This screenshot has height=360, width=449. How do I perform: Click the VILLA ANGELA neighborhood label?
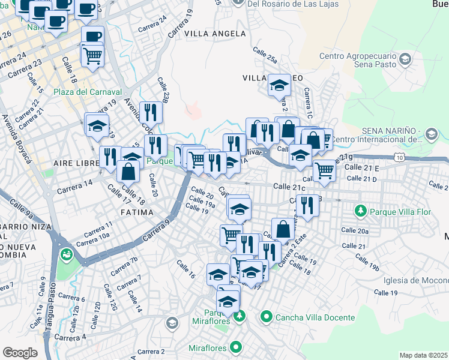pos(215,34)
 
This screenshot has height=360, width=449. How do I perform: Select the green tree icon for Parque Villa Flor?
pos(360,211)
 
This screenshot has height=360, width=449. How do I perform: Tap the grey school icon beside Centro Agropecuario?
pos(406,59)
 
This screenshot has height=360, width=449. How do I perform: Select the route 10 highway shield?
pos(400,157)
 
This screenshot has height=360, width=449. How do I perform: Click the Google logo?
pos(20,352)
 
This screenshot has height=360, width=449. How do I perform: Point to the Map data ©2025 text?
pos(423,355)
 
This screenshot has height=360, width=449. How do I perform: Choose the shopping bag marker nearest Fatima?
pos(128,171)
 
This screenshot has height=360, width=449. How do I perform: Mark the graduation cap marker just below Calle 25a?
pos(279,85)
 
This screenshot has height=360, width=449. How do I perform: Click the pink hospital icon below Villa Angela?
pos(192,110)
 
